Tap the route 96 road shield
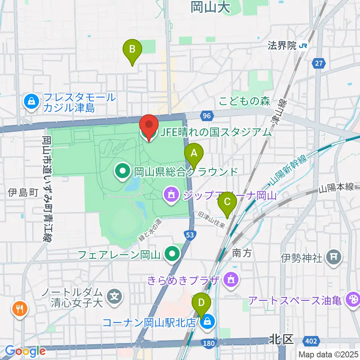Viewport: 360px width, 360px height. [206, 116]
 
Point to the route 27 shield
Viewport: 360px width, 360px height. [319, 64]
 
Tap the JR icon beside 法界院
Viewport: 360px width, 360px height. [304, 46]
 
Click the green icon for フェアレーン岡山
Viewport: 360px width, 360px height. [172, 255]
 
